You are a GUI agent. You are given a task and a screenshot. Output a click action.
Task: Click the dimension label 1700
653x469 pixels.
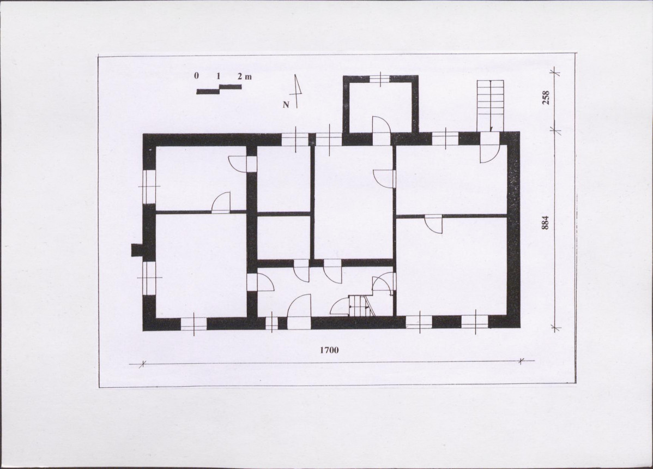point(329,350)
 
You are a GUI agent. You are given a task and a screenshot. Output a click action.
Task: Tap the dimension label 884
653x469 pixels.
point(546,222)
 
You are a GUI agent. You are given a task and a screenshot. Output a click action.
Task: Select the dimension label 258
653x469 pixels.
point(546,97)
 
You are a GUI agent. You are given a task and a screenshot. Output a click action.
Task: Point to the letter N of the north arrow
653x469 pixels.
point(286,105)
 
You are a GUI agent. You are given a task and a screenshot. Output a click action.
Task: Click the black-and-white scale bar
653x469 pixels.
point(219,89)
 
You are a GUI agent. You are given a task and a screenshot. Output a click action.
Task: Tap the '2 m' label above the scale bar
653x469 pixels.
point(245,77)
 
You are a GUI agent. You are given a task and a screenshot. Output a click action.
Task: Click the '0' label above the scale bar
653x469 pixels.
point(196,76)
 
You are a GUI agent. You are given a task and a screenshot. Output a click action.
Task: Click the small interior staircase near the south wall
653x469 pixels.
point(361,305)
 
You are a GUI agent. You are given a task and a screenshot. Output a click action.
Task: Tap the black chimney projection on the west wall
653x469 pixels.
point(137,250)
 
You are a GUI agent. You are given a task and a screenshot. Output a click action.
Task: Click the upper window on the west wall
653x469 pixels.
point(149,186)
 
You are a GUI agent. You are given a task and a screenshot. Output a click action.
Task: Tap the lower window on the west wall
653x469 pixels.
point(149,278)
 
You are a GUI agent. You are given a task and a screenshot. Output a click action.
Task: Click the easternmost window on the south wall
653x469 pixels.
point(475,322)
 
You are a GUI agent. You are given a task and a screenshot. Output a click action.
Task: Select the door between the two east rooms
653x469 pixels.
point(433,225)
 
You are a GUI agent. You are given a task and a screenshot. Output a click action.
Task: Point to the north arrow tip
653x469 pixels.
point(295,75)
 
